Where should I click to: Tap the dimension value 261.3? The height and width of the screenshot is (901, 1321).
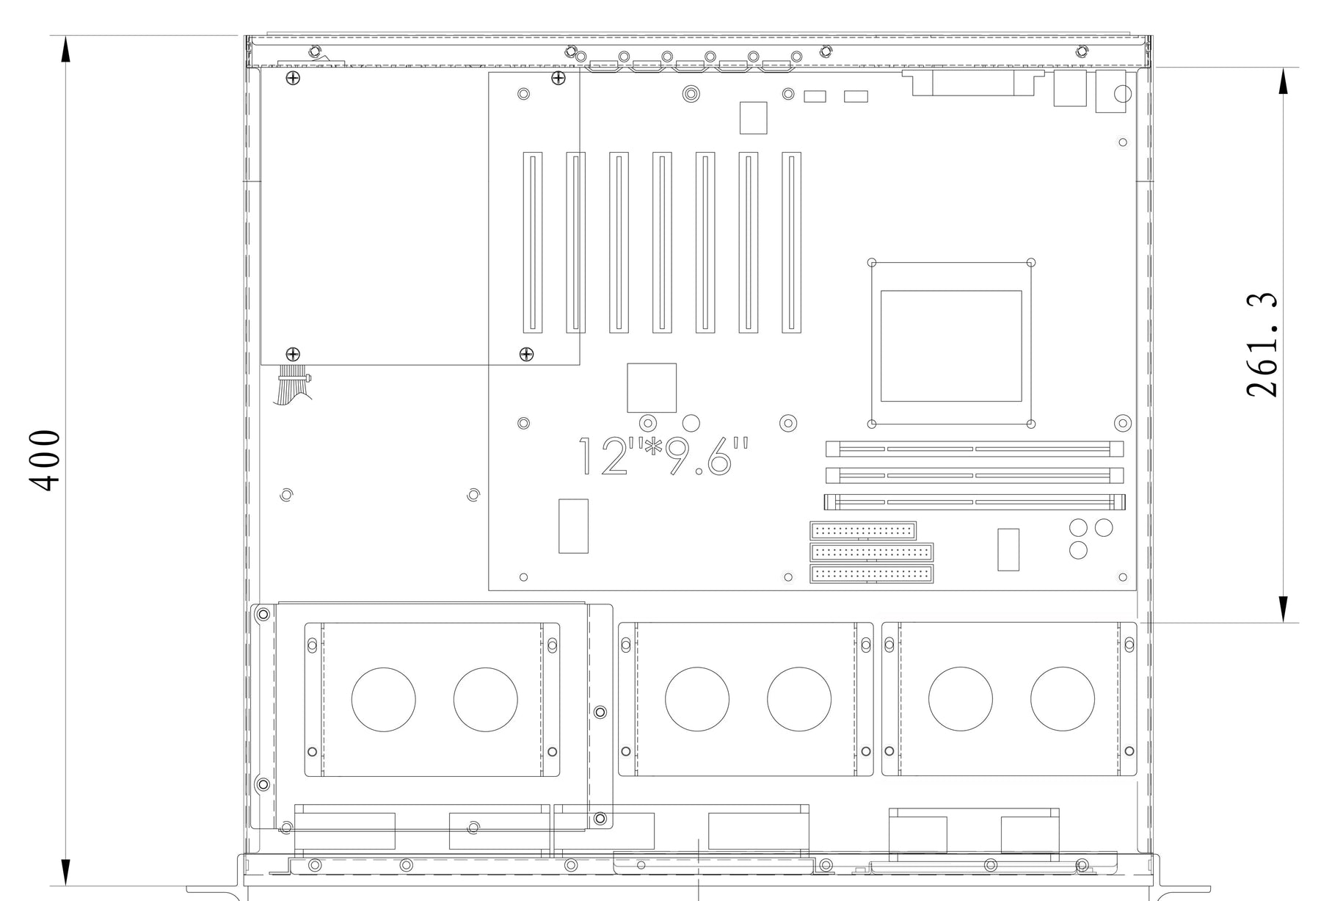(1262, 345)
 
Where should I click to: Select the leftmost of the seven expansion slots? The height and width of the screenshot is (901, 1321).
(533, 242)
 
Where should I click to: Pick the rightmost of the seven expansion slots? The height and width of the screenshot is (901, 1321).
(791, 242)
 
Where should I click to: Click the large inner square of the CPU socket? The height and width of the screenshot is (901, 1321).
(951, 346)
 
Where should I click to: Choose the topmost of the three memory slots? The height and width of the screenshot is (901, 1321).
(975, 449)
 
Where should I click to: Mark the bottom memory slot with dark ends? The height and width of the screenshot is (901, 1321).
(975, 503)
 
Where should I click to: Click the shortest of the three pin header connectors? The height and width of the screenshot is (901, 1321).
(863, 530)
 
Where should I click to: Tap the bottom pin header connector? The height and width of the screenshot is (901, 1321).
(872, 574)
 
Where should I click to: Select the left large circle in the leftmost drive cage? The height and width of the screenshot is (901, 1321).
(383, 700)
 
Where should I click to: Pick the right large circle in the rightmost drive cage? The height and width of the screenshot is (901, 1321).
(1062, 699)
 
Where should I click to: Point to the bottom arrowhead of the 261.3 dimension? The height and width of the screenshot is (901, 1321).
(1283, 609)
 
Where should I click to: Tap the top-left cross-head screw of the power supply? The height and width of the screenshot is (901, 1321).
(293, 78)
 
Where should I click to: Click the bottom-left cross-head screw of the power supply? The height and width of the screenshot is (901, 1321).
(293, 355)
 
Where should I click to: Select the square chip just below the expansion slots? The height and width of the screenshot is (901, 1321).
(652, 388)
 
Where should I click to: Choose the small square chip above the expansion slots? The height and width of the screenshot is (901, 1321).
(753, 118)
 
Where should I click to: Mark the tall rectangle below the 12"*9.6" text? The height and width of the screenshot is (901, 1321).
(573, 526)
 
